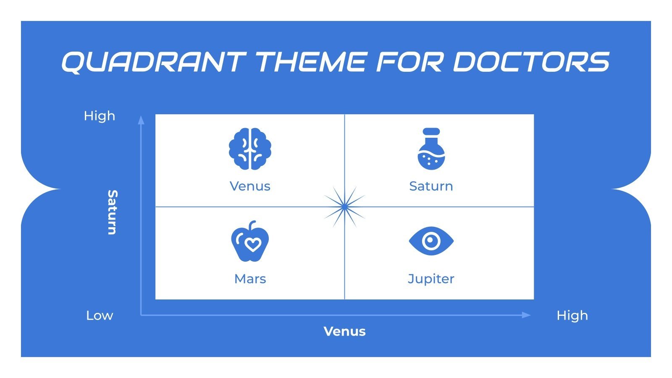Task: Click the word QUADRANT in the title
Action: coord(154,62)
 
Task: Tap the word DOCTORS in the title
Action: coord(531,62)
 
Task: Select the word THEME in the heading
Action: coord(311,62)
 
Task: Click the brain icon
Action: coord(250,149)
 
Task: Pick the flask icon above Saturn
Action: coord(431,149)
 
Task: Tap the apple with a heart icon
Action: coord(250,241)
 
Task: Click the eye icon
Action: coord(431,241)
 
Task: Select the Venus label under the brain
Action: coord(250,186)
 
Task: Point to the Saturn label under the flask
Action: coord(431,186)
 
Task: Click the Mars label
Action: coord(250,279)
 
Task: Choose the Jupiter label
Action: coord(431,279)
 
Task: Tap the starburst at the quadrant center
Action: coord(344,207)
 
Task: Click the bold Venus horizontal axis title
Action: coord(344,331)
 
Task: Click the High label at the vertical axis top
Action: coord(100,116)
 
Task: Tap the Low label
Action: coord(100,315)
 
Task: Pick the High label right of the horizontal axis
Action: coord(572,315)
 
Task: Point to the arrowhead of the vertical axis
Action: coord(141,120)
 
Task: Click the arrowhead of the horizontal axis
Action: coord(526,315)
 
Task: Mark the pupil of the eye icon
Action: coord(431,241)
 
